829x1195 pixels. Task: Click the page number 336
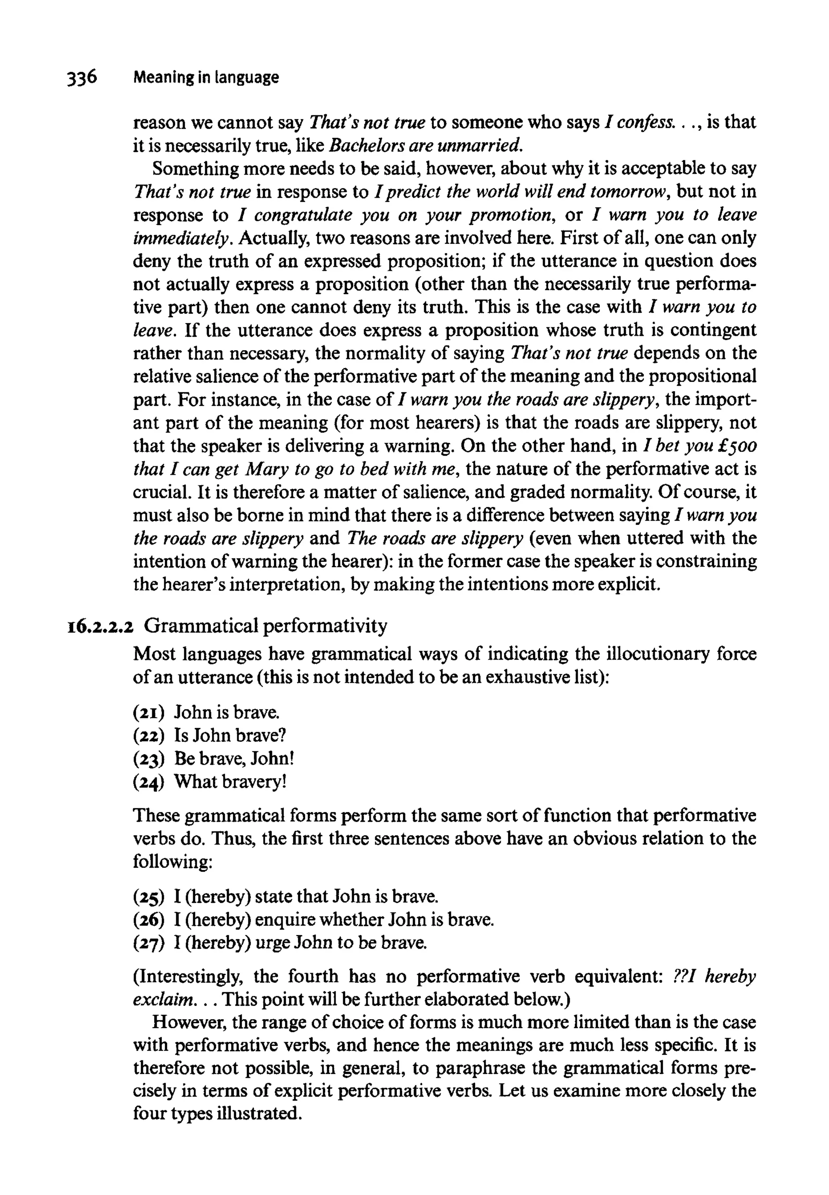tap(81, 77)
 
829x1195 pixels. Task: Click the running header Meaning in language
tap(206, 77)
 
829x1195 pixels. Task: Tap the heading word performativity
tap(326, 626)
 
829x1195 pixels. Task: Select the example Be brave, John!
tap(234, 758)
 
